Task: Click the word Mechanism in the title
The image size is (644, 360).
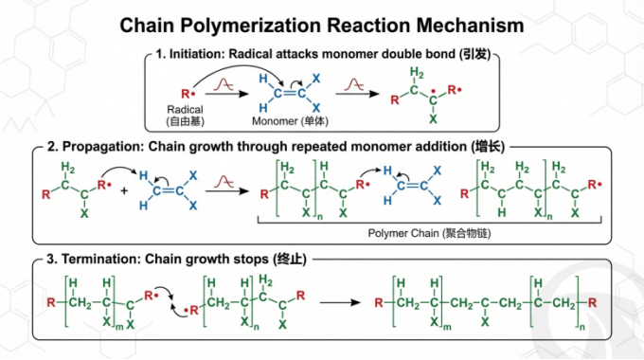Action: coord(471,25)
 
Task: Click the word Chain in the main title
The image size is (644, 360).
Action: coord(147,25)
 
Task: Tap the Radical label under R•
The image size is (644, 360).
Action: coord(185,110)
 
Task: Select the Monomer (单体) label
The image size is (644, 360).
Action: coord(291,121)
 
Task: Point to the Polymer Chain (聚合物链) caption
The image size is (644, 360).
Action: coord(429,233)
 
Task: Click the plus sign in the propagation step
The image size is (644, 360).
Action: coord(124,190)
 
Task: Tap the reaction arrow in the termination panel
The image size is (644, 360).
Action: coord(340,303)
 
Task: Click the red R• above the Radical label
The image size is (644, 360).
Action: coord(188,94)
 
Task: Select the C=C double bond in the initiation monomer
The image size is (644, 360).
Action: coord(290,93)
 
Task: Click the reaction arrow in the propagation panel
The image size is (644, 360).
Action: coord(227,191)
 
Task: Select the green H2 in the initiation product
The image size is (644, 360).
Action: coord(417,73)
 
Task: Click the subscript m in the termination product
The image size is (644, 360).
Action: coord(447,328)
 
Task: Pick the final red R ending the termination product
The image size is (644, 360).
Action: coord(592,303)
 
